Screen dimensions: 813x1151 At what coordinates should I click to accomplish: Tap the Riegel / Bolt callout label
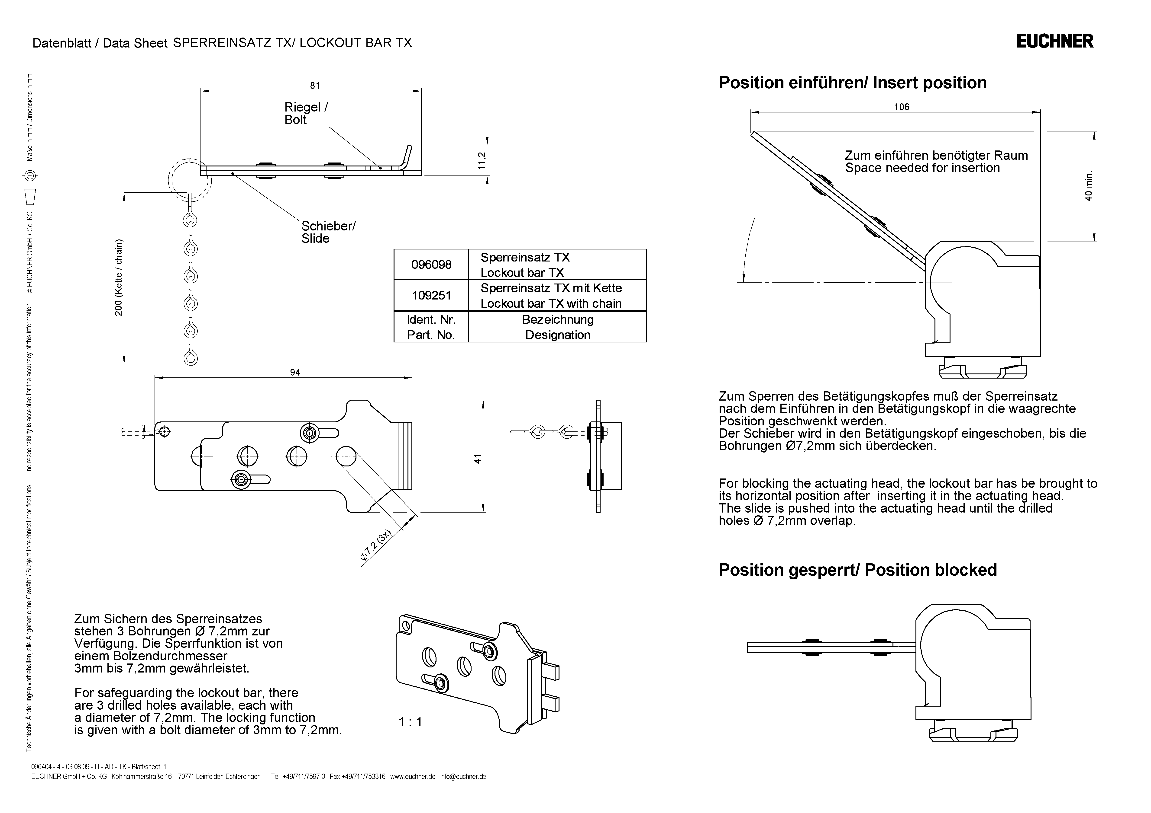point(306,113)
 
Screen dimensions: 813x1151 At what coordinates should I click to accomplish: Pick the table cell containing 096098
point(431,265)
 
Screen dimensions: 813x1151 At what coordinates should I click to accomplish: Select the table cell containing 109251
point(431,296)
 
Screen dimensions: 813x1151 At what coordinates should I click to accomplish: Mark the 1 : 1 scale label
point(410,722)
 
